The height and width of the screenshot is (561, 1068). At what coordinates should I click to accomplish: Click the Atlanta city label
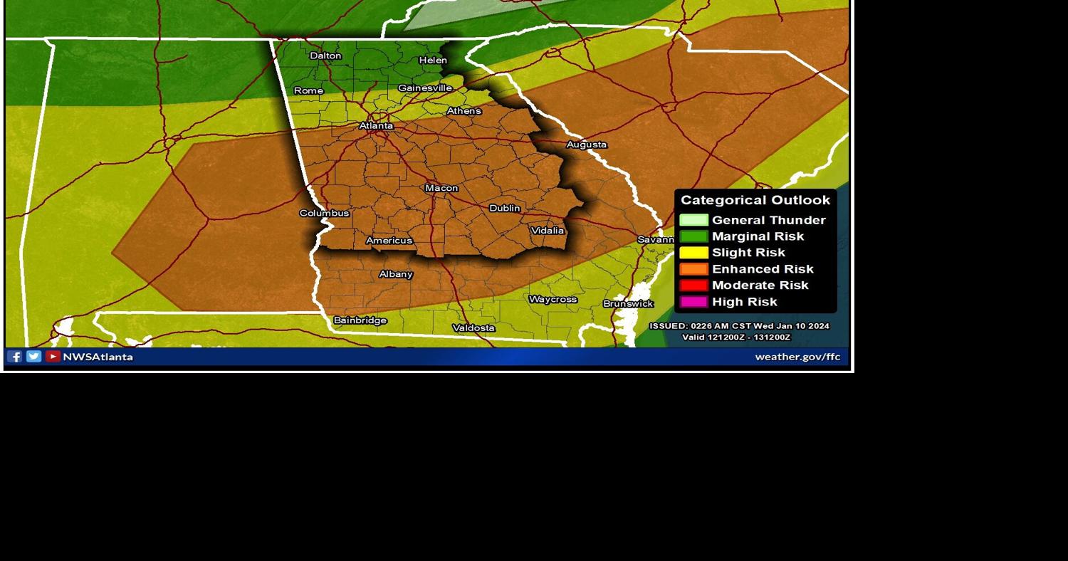tap(376, 126)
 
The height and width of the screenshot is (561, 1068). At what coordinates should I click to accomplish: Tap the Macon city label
tap(441, 188)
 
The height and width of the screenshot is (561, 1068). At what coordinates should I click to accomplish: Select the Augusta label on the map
tap(587, 145)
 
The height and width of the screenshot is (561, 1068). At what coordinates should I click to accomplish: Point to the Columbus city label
tap(324, 213)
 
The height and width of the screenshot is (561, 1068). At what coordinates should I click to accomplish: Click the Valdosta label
tap(473, 327)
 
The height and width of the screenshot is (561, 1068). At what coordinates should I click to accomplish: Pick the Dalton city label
tap(325, 56)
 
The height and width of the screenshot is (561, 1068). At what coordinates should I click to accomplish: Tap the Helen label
tap(433, 61)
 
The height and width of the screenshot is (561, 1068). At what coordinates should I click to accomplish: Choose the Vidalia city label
tap(548, 230)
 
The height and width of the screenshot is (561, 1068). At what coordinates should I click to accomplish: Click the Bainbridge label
tap(360, 320)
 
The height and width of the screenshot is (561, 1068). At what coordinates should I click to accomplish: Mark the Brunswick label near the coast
tap(628, 303)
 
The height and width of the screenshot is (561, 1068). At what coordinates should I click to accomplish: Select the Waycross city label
tap(553, 299)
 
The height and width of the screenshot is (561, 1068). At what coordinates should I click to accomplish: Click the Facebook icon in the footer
tap(15, 357)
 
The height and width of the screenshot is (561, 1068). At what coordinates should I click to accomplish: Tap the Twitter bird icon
tap(33, 357)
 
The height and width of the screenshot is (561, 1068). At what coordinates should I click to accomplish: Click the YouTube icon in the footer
tap(53, 357)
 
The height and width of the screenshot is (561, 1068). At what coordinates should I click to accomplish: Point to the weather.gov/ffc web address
tap(797, 357)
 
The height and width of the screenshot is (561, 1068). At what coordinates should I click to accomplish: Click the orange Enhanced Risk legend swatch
tap(693, 269)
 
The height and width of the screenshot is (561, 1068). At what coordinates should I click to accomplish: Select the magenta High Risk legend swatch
tap(693, 302)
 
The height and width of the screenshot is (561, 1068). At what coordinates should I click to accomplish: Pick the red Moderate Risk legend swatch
tap(693, 285)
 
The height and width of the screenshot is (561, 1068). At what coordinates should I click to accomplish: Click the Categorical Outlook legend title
tap(755, 200)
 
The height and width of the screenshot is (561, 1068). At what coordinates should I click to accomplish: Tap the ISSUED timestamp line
tap(739, 326)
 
